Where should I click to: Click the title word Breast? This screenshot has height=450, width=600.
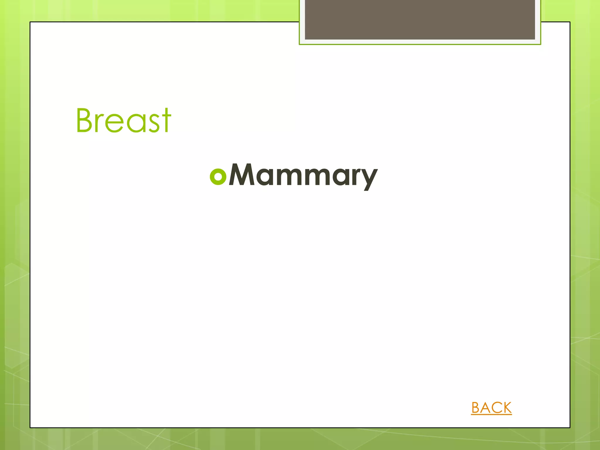click(x=123, y=120)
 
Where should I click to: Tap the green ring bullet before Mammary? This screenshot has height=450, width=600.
click(x=218, y=177)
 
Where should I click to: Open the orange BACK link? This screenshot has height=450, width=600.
click(x=491, y=408)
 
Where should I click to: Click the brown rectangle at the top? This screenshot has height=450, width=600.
click(x=420, y=19)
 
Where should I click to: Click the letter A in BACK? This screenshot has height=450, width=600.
click(x=486, y=408)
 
